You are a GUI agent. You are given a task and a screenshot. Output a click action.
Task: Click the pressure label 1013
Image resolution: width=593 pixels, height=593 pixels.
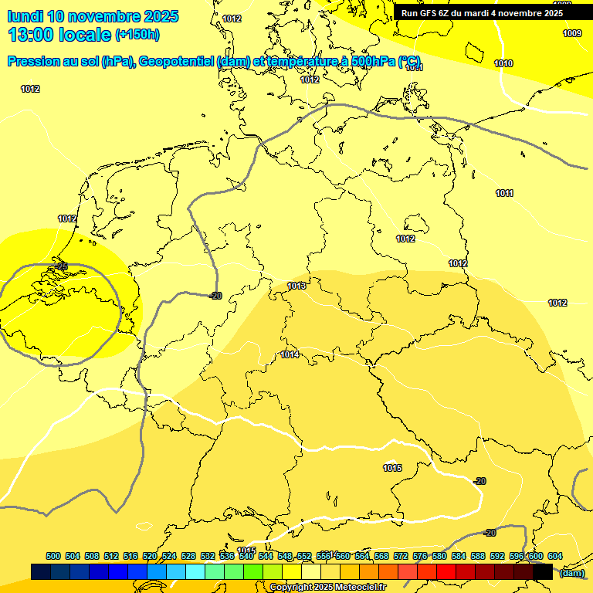tap(296, 286)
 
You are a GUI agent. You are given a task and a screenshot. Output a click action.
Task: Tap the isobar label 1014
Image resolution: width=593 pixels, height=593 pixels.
tap(290, 354)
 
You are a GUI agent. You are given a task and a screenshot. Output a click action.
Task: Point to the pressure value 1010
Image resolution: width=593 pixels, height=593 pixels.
tap(503, 63)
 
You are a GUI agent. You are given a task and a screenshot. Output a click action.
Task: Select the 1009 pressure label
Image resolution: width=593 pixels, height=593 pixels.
tap(572, 33)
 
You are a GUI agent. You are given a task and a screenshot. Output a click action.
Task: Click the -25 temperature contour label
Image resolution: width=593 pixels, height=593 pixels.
tap(62, 266)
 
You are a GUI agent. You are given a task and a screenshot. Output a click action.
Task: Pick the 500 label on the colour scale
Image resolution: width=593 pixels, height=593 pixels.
tap(53, 556)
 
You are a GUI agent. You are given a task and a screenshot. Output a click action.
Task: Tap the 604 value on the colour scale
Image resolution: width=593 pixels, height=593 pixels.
tap(554, 556)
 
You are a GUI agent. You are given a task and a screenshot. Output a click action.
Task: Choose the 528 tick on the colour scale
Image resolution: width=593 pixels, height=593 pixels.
tap(188, 556)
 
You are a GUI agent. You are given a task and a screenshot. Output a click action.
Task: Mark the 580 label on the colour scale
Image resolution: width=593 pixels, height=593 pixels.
tap(439, 556)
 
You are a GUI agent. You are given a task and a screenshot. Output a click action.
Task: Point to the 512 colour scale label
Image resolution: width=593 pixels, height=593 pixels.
tap(111, 556)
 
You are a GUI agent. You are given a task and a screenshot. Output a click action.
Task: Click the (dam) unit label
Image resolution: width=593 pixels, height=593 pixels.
tap(571, 573)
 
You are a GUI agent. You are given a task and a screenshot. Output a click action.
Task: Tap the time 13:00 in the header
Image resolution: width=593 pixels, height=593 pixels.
tap(36, 35)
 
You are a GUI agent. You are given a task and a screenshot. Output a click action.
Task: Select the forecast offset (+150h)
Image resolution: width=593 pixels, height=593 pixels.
tap(137, 35)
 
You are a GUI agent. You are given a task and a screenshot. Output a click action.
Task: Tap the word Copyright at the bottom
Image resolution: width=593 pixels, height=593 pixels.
tap(292, 588)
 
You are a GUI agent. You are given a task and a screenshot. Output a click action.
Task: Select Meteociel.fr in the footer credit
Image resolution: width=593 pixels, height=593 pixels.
tap(361, 588)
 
